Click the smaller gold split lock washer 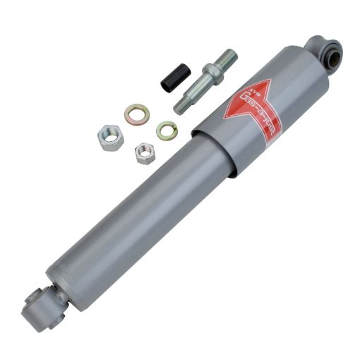[x=166, y=129]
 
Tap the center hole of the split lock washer [x=166, y=129]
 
